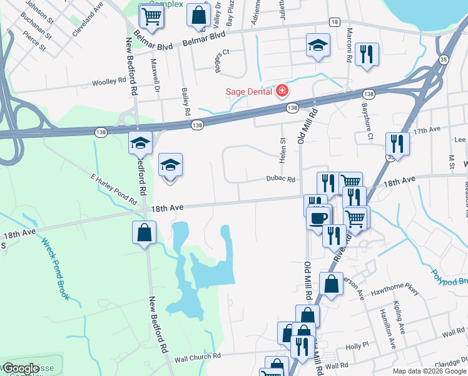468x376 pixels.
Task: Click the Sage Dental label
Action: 248,92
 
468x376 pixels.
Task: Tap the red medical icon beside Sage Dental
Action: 282,91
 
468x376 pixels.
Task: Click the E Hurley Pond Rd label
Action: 113,190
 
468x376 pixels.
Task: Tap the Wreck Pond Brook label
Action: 54,268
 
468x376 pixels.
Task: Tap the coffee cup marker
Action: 319,219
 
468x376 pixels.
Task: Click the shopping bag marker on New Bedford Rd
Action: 144,232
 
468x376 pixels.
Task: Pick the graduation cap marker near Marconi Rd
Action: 318,45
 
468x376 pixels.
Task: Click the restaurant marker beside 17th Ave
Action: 397,144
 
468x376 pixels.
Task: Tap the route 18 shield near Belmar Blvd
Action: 335,22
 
